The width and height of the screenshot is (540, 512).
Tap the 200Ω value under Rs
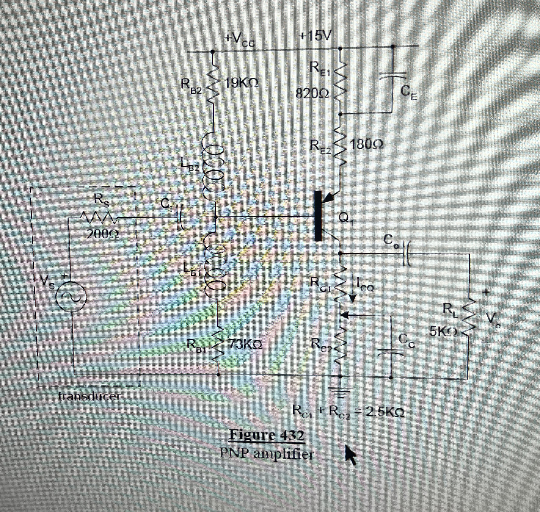(x=103, y=234)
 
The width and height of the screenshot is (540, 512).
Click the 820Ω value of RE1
(x=313, y=94)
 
